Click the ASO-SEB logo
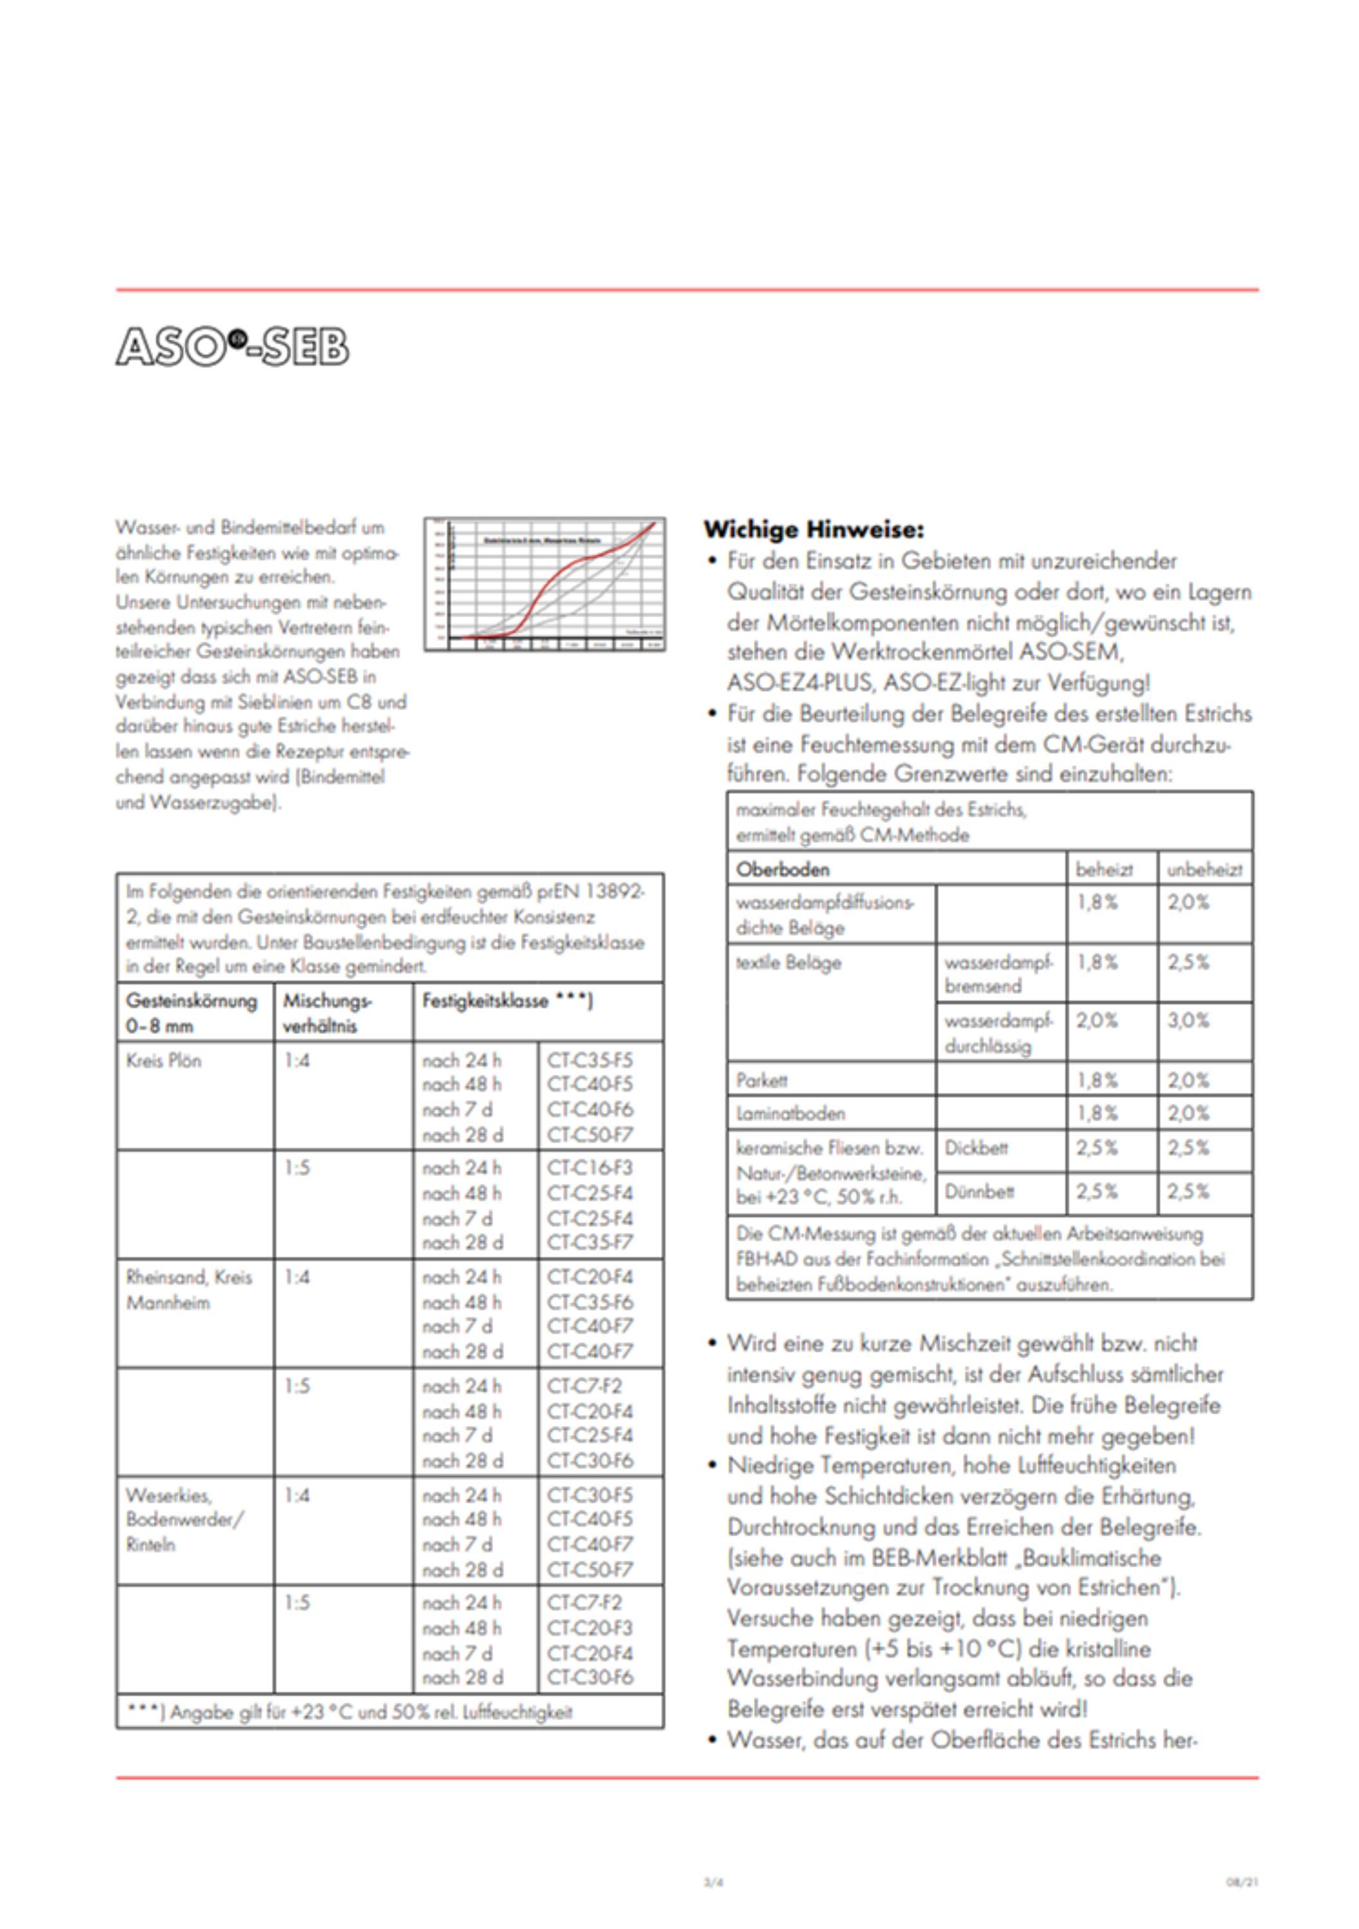pos(232,346)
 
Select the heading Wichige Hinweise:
pos(813,529)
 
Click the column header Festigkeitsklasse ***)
pos(507,1001)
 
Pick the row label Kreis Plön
pos(164,1060)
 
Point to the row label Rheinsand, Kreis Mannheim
pos(188,1290)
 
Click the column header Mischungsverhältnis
pos(327,1013)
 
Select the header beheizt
pos(1104,869)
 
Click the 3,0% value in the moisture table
pos(1187,1021)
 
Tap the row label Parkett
pos(762,1080)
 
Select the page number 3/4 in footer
pos(713,1882)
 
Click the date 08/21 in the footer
pos(1241,1882)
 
